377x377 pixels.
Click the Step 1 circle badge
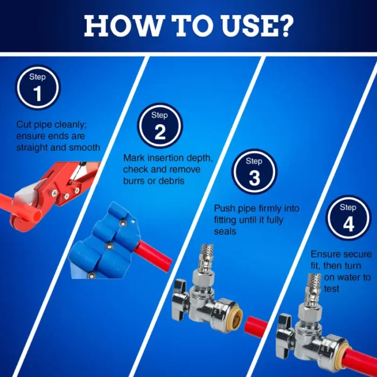(x=38, y=87)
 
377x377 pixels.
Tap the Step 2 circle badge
(x=160, y=125)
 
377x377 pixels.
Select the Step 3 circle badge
(x=254, y=172)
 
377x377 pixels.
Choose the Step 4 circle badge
(x=348, y=218)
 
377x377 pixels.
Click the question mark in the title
(x=284, y=26)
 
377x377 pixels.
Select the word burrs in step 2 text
(x=134, y=181)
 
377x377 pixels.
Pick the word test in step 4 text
(x=332, y=289)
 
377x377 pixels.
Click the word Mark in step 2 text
(x=134, y=158)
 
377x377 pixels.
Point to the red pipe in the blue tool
(x=153, y=256)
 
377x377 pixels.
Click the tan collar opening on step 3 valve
(x=236, y=318)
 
